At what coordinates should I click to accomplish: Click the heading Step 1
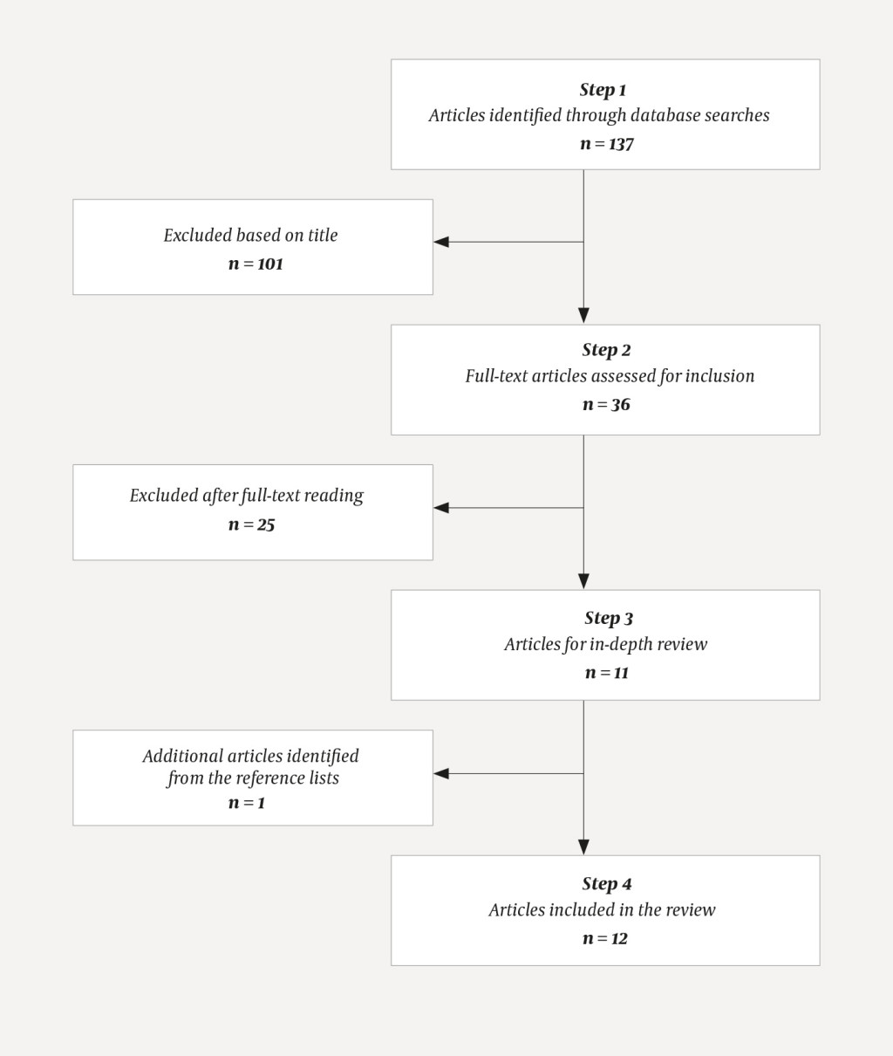click(603, 90)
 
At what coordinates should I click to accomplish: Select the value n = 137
click(606, 144)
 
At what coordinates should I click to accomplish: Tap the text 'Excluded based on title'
click(250, 235)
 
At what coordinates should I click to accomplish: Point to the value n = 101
click(256, 264)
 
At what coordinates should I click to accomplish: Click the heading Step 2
click(606, 350)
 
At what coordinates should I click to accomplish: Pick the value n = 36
click(606, 405)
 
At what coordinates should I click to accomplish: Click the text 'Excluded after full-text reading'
click(247, 496)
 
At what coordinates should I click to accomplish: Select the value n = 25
click(251, 525)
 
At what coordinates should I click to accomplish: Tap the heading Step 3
click(608, 618)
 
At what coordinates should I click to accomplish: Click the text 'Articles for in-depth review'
click(605, 644)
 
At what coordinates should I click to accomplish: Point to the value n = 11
click(606, 673)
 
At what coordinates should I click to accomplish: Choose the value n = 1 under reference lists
click(246, 803)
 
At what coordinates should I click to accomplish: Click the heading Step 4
click(606, 884)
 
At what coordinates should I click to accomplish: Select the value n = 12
click(605, 939)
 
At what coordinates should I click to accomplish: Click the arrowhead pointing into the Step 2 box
click(583, 316)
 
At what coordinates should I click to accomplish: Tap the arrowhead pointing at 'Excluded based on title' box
click(441, 242)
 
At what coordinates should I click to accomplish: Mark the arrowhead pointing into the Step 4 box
click(583, 847)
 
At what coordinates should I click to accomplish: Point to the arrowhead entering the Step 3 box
click(583, 581)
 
